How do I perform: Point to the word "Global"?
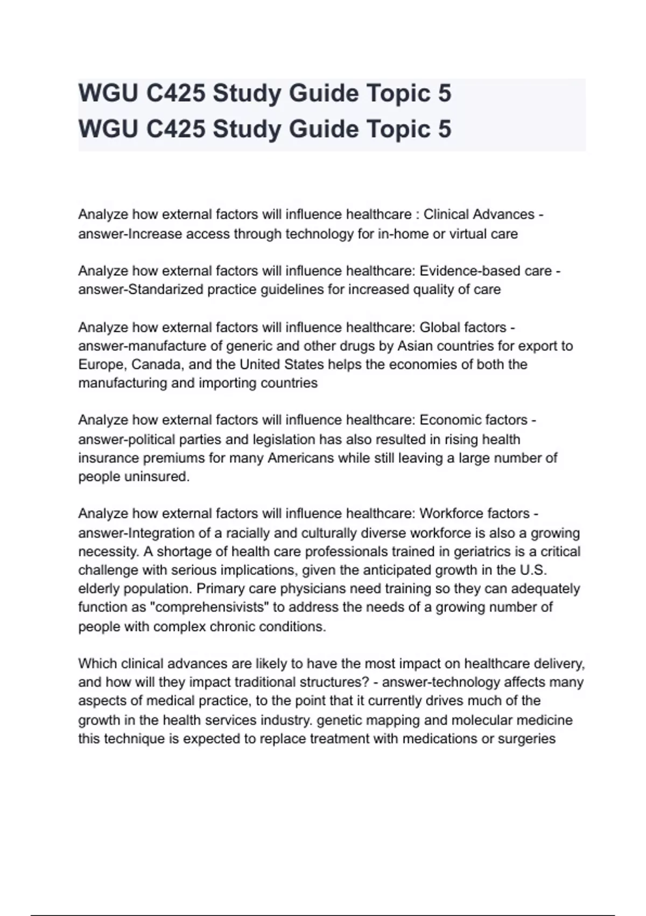pyautogui.click(x=439, y=327)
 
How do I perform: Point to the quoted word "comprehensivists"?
pyautogui.click(x=209, y=607)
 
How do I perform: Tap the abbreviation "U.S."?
pyautogui.click(x=533, y=570)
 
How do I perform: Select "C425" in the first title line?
pyautogui.click(x=175, y=94)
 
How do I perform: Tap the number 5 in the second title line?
pyautogui.click(x=444, y=129)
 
